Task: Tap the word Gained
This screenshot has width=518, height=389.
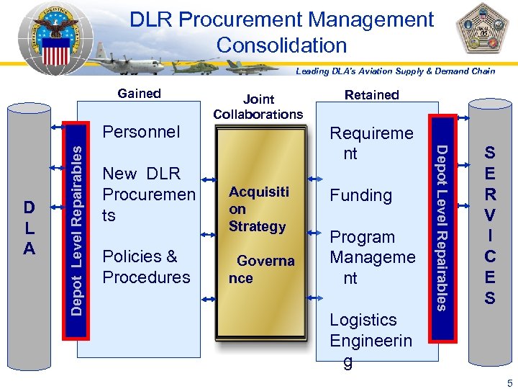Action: (x=139, y=93)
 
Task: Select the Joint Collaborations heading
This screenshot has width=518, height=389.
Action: (x=258, y=107)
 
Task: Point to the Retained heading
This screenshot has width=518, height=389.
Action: (x=371, y=94)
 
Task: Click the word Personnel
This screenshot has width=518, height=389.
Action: (x=141, y=132)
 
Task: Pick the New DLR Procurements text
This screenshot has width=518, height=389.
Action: (x=148, y=194)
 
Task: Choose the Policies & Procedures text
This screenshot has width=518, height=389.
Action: (x=146, y=267)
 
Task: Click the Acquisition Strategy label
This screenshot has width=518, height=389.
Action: (x=258, y=209)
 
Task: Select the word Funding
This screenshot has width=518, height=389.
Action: (x=360, y=195)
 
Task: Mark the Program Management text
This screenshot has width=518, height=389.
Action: (x=372, y=257)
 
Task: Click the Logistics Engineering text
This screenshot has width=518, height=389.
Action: (x=371, y=340)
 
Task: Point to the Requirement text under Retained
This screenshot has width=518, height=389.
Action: (x=371, y=143)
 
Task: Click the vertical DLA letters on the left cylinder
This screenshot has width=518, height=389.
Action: (x=29, y=227)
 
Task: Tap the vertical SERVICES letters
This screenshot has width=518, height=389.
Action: (x=489, y=225)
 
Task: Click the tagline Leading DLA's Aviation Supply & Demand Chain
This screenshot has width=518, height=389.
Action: (x=396, y=71)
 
